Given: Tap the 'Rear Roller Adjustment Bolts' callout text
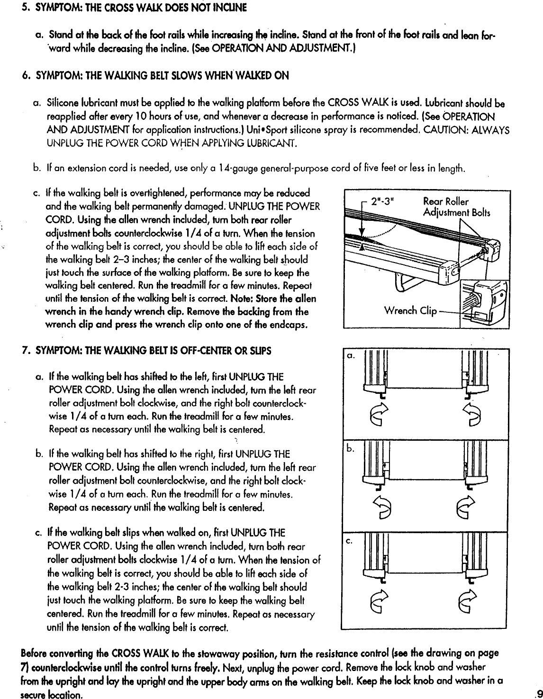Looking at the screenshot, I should (x=456, y=207).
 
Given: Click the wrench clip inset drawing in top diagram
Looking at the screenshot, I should (x=480, y=303).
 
